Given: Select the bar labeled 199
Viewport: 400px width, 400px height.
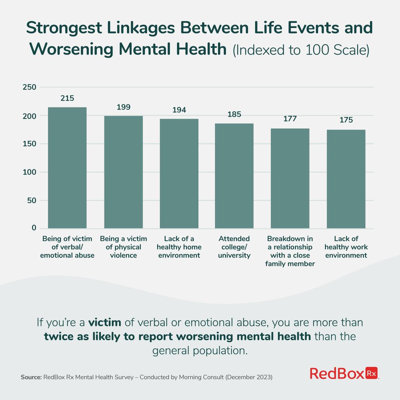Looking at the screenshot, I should point(123,172).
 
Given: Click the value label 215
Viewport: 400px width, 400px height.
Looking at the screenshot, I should point(67,98).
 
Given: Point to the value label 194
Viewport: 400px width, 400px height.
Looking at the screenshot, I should point(179,110).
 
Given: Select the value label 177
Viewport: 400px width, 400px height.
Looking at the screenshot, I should point(290,119).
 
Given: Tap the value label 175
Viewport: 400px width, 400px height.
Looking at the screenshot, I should point(346,120).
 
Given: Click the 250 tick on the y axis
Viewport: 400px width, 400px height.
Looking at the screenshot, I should point(29,87).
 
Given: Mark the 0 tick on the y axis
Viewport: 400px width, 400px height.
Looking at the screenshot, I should point(34,228).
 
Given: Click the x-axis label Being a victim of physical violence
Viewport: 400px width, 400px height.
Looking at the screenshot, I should point(123,247).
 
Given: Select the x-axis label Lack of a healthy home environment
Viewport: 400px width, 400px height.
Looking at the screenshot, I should point(179,247).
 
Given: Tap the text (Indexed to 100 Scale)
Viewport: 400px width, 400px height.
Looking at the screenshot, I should point(301,50).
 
